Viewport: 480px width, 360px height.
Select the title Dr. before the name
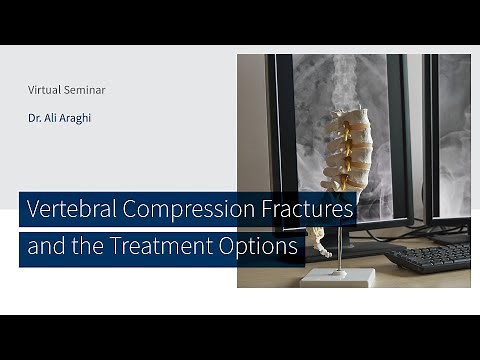[35, 118]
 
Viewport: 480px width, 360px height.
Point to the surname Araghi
[81, 118]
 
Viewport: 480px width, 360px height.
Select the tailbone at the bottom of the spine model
[321, 242]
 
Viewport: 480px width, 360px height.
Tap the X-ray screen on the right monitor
[452, 130]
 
